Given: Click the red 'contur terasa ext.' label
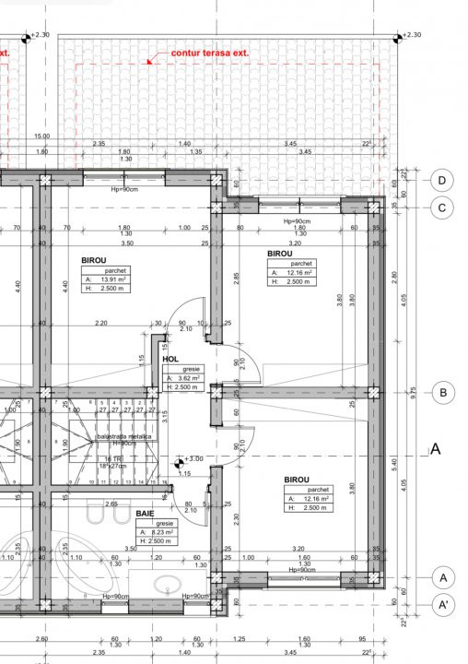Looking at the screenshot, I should pyautogui.click(x=210, y=54).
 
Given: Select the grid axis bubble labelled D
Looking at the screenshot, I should pyautogui.click(x=443, y=180).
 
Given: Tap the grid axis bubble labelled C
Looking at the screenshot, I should pyautogui.click(x=443, y=207).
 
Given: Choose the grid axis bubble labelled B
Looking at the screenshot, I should pyautogui.click(x=443, y=393).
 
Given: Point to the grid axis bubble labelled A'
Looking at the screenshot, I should pyautogui.click(x=443, y=606).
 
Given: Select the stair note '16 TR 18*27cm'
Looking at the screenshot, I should pyautogui.click(x=115, y=462).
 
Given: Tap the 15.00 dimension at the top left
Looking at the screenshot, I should pyautogui.click(x=42, y=136).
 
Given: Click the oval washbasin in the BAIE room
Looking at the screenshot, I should pyautogui.click(x=167, y=584).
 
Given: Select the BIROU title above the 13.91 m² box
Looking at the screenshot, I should pyautogui.click(x=93, y=261).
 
